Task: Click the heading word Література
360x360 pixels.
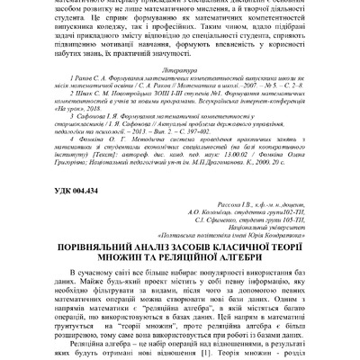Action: tap(180, 67)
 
